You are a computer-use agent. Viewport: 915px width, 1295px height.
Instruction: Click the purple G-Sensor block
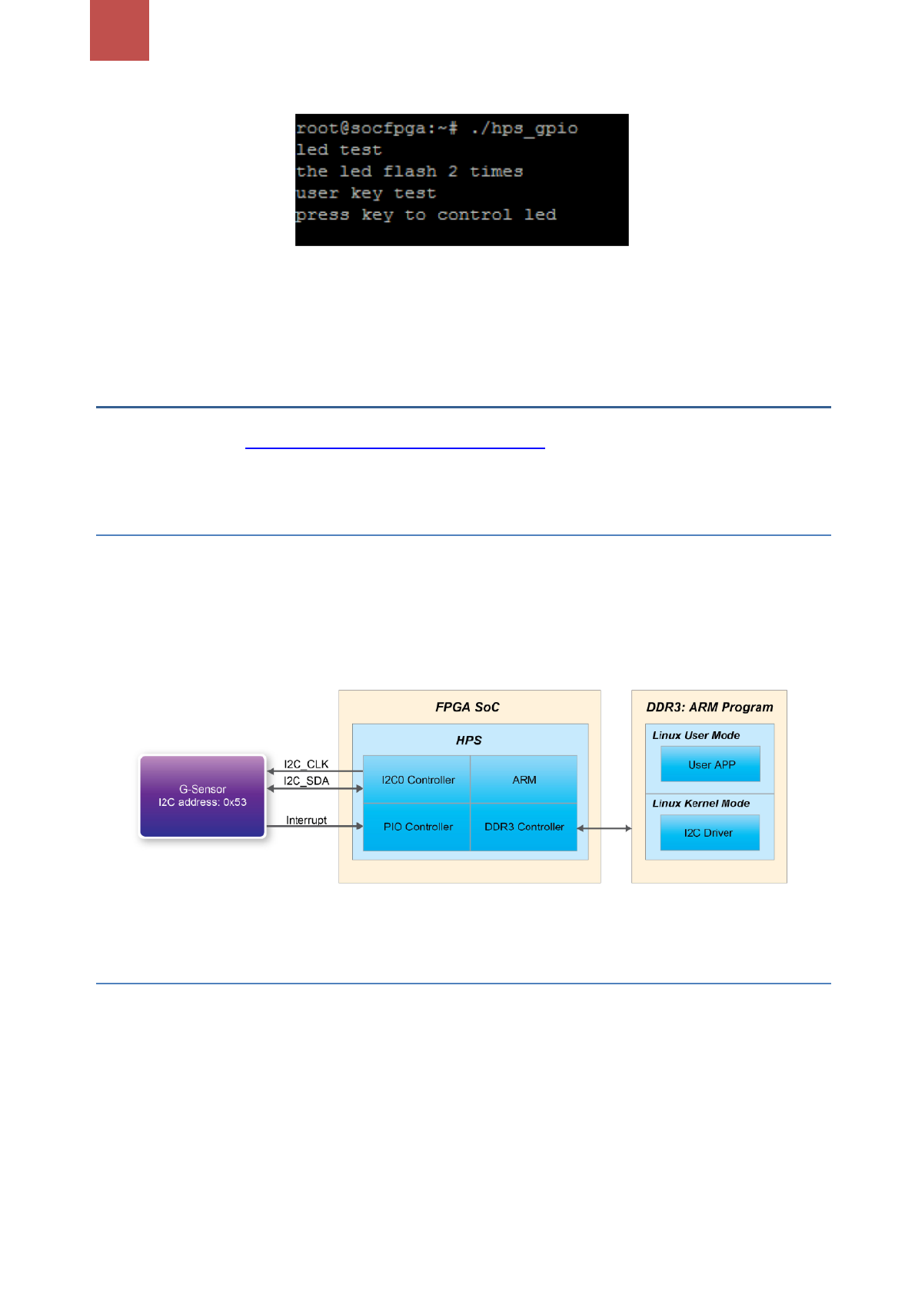[202, 796]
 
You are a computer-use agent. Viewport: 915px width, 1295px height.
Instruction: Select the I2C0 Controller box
[418, 780]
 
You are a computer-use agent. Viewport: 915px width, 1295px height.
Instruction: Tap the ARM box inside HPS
[524, 780]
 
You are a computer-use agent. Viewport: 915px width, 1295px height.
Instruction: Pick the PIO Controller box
[418, 827]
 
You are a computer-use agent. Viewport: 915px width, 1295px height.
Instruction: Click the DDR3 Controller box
[524, 827]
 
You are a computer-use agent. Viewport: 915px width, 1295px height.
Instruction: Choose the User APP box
[710, 764]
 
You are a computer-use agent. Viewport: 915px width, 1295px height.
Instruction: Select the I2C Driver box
[709, 833]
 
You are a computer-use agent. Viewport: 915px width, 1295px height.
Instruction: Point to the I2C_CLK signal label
[306, 764]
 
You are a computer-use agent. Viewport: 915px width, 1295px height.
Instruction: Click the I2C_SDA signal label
[306, 781]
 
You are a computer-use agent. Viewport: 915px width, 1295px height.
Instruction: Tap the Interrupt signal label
[306, 820]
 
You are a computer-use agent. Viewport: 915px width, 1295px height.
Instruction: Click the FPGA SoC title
[467, 707]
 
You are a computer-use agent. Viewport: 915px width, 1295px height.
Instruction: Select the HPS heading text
[468, 740]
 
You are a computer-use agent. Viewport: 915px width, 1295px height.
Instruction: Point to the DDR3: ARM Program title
[709, 707]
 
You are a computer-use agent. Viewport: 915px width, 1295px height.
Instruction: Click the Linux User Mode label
[696, 735]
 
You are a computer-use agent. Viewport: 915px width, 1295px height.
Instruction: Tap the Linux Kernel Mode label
[700, 803]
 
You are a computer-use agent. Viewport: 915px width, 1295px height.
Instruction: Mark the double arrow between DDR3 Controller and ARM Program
[604, 828]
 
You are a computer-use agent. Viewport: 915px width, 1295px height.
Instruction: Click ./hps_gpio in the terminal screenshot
[524, 128]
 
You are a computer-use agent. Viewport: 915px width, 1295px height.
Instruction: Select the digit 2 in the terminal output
[452, 171]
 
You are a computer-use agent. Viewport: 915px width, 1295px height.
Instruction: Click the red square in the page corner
[119, 30]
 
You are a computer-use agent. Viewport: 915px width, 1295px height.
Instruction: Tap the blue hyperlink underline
[394, 447]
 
